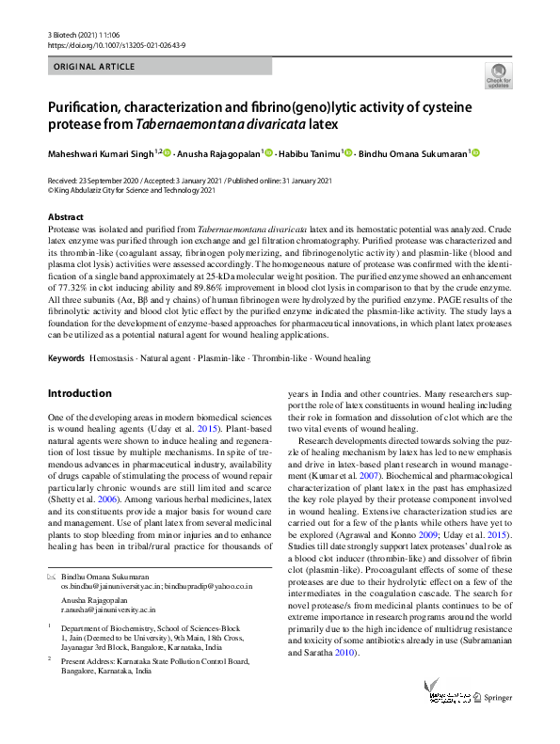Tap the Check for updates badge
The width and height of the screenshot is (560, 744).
pos(498,75)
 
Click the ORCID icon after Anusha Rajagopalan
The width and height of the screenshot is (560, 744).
pos(268,154)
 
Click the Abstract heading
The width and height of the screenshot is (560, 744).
pos(65,217)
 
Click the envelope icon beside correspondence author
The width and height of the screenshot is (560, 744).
pos(52,574)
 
